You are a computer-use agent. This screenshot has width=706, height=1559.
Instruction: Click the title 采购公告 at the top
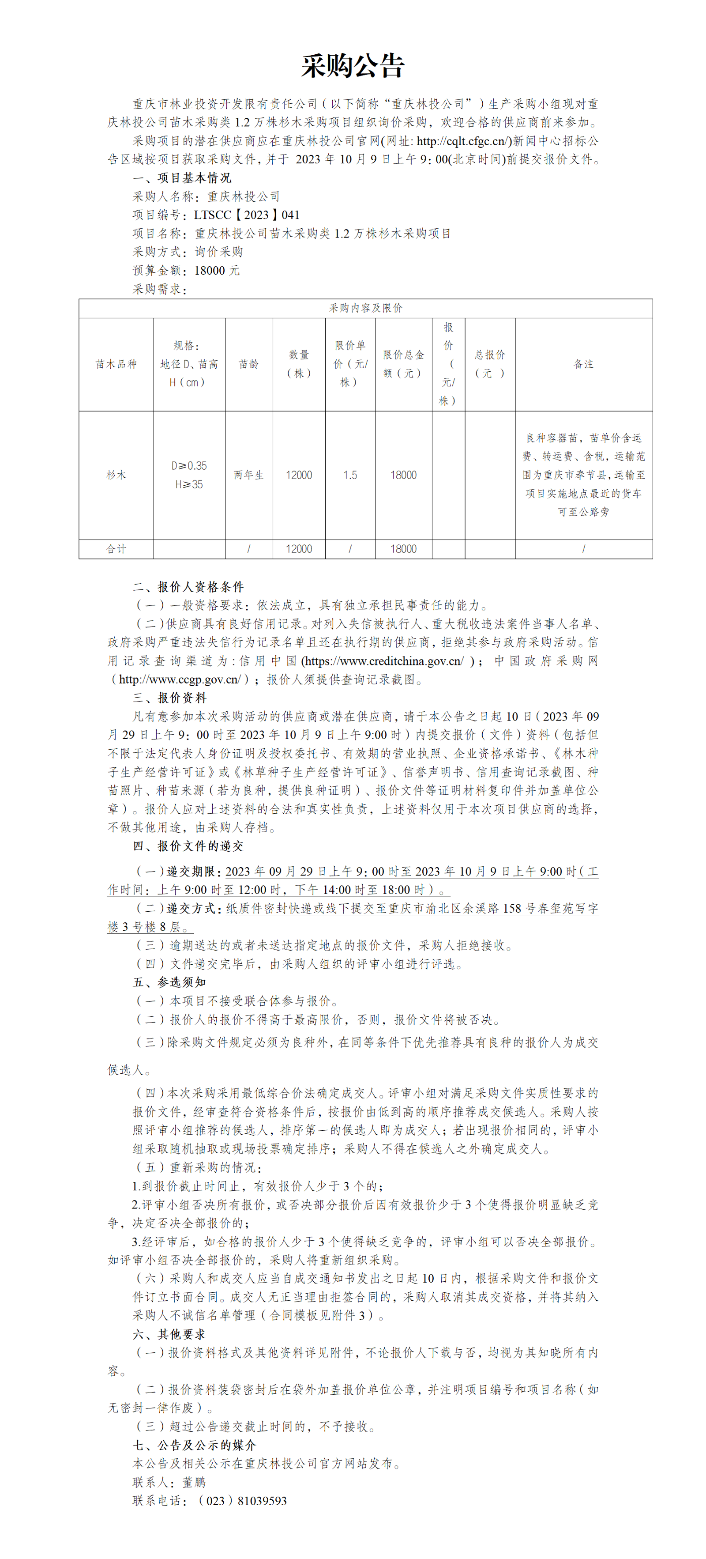click(353, 65)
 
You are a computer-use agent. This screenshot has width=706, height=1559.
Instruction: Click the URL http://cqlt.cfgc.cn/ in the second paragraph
click(461, 141)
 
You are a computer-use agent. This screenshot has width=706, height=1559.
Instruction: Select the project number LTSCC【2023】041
click(247, 215)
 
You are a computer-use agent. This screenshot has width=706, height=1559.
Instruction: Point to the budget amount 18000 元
click(217, 271)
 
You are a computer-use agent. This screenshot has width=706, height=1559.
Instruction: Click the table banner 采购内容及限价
click(365, 308)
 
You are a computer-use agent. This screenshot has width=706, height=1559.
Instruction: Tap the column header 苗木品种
click(116, 364)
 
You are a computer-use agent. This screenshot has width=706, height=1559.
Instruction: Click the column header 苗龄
click(248, 364)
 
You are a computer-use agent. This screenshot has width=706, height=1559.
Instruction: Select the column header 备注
click(583, 364)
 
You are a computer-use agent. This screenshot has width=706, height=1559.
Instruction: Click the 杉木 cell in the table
click(116, 475)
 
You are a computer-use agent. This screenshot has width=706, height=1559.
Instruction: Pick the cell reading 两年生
click(248, 475)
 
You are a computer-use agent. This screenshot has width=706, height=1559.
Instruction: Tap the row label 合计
click(116, 549)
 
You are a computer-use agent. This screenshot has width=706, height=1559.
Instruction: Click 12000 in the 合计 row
click(299, 549)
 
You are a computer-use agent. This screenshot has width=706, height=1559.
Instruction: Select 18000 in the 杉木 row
click(403, 475)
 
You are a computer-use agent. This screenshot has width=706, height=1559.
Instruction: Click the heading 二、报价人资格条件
click(188, 586)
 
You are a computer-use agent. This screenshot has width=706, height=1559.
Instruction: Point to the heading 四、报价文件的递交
click(188, 846)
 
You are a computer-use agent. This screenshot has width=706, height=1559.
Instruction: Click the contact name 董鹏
click(194, 1482)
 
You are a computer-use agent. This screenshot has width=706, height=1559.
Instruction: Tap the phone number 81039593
click(262, 1501)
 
